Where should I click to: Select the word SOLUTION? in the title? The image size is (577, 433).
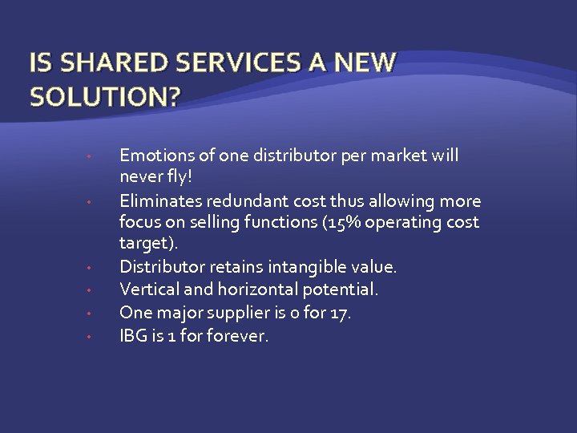(x=105, y=97)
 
